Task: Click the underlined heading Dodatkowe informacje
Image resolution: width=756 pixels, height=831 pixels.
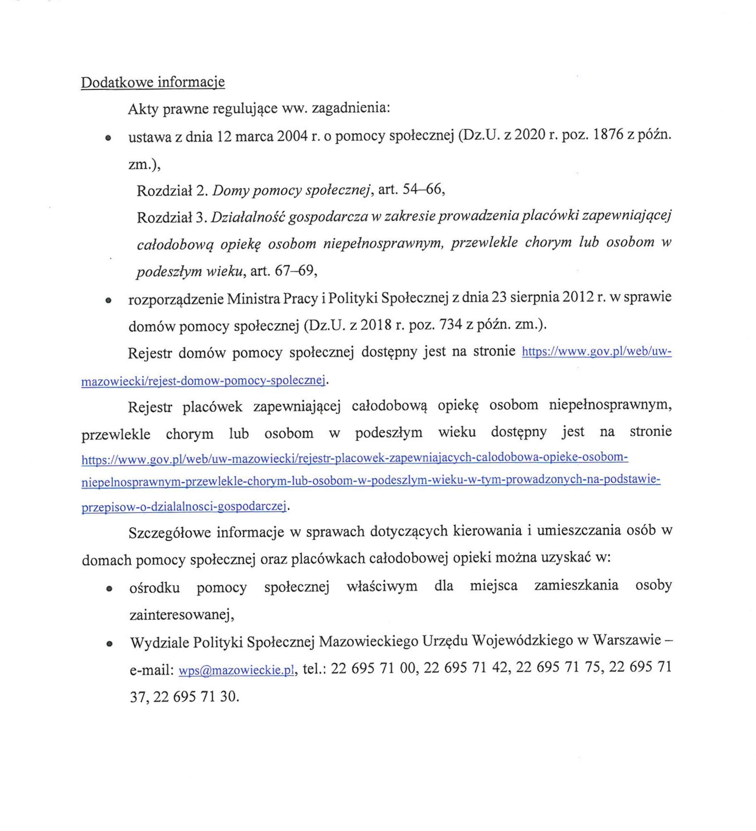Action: click(x=153, y=82)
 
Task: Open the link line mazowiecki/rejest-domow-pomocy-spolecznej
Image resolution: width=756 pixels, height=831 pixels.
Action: click(x=203, y=380)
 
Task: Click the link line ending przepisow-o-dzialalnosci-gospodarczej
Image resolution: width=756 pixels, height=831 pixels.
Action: click(x=184, y=506)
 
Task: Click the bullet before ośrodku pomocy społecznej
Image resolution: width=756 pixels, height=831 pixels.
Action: click(x=109, y=589)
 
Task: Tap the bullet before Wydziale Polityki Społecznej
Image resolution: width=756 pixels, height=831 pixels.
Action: click(x=109, y=644)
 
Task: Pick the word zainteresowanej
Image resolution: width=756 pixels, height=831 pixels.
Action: click(x=181, y=615)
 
